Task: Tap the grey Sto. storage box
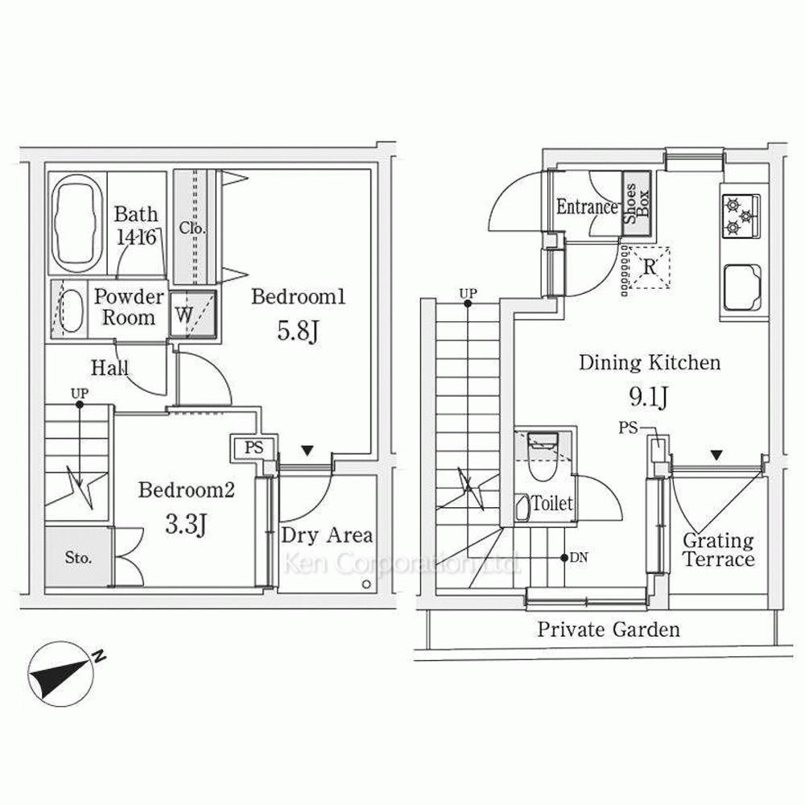(x=78, y=556)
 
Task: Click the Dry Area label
(x=326, y=535)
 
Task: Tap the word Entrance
(x=587, y=207)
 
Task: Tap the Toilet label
(x=552, y=504)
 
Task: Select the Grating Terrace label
(x=718, y=550)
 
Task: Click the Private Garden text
(x=609, y=629)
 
